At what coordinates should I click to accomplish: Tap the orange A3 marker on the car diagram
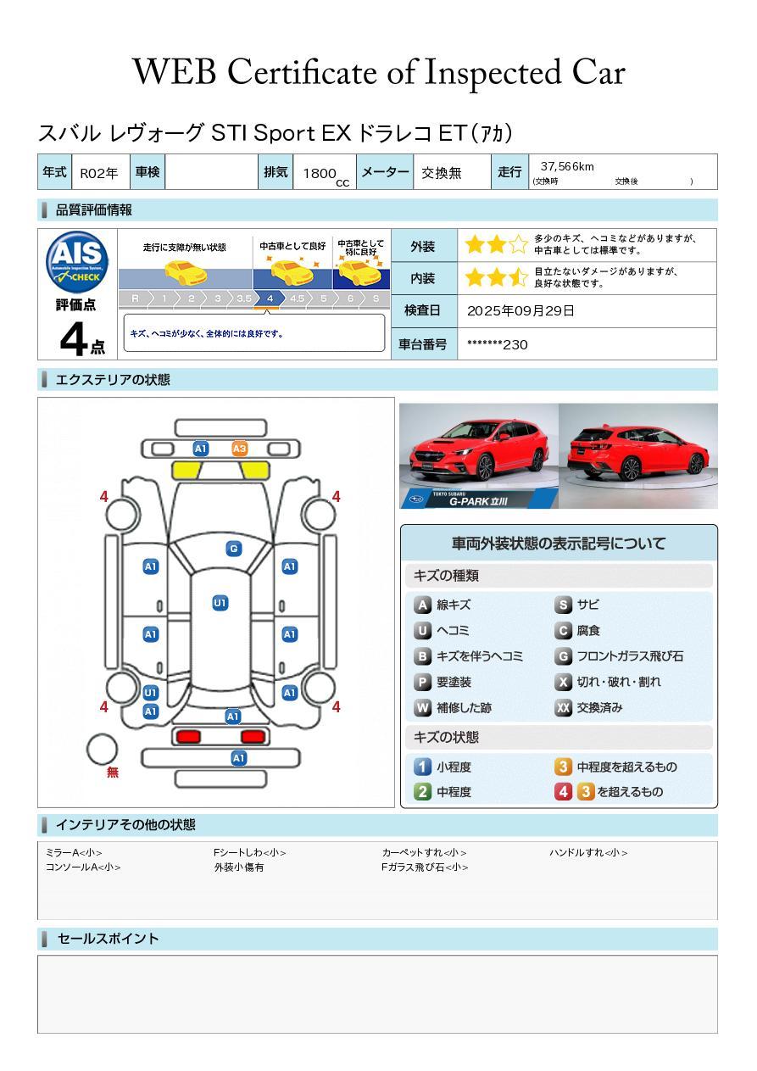240,449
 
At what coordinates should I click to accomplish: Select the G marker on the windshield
233,549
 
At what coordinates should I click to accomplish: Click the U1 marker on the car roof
220,603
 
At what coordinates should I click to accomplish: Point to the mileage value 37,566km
567,166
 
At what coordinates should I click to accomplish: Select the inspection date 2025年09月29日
520,310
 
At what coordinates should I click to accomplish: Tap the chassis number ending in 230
497,344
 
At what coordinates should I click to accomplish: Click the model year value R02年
99,173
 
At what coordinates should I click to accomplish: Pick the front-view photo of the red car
479,455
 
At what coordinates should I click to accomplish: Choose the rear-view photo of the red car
637,455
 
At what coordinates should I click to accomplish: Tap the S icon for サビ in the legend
563,605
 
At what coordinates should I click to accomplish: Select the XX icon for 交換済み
563,707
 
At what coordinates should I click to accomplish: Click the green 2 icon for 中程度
422,792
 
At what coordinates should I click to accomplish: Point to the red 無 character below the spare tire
113,773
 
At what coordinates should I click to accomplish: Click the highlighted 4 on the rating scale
270,298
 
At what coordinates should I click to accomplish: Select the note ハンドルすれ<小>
588,853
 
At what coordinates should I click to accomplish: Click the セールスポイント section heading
108,939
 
